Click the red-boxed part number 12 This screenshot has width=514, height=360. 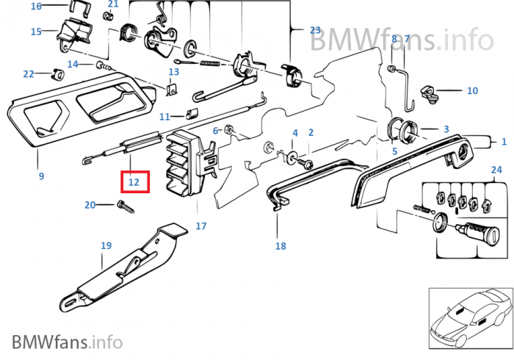[134, 181]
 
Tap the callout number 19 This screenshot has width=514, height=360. [106, 245]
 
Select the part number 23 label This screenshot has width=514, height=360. [315, 30]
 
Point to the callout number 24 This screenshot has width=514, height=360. [496, 170]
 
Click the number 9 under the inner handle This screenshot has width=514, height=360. [41, 176]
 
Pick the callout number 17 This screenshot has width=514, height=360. [201, 226]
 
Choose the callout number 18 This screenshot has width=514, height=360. [280, 246]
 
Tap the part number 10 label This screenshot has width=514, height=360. [472, 91]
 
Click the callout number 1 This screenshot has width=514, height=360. [504, 141]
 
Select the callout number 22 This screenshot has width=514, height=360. [28, 73]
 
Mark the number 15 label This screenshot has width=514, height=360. [36, 32]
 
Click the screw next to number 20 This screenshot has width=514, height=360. [125, 208]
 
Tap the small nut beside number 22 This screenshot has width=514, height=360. [55, 73]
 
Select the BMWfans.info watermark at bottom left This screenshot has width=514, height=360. [67, 342]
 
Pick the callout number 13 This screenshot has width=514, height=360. [173, 72]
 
